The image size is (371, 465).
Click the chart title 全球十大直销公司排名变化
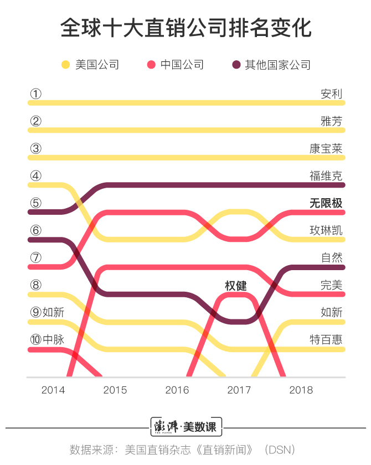pyautogui.click(x=185, y=28)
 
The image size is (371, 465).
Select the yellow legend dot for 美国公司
pyautogui.click(x=65, y=65)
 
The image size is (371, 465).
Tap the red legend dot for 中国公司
pyautogui.click(x=151, y=65)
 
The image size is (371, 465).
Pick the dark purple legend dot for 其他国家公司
pyautogui.click(x=236, y=65)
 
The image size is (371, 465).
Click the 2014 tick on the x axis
pyautogui.click(x=53, y=390)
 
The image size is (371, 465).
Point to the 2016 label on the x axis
pyautogui.click(x=177, y=390)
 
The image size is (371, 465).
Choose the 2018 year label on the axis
pyautogui.click(x=301, y=390)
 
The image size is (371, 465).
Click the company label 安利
pyautogui.click(x=331, y=94)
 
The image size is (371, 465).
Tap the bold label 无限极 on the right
pyautogui.click(x=326, y=203)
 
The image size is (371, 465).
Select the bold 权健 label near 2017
pyautogui.click(x=235, y=286)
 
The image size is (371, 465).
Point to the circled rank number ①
pyautogui.click(x=35, y=94)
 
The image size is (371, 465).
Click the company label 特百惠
pyautogui.click(x=326, y=339)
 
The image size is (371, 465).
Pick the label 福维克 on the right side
pyautogui.click(x=326, y=176)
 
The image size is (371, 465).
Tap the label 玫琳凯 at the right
pyautogui.click(x=326, y=230)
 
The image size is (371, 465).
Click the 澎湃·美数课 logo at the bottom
pyautogui.click(x=186, y=427)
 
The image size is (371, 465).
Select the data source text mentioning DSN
pyautogui.click(x=185, y=449)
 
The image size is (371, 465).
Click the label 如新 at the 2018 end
pyautogui.click(x=331, y=312)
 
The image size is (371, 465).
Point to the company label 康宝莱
pyautogui.click(x=326, y=148)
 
